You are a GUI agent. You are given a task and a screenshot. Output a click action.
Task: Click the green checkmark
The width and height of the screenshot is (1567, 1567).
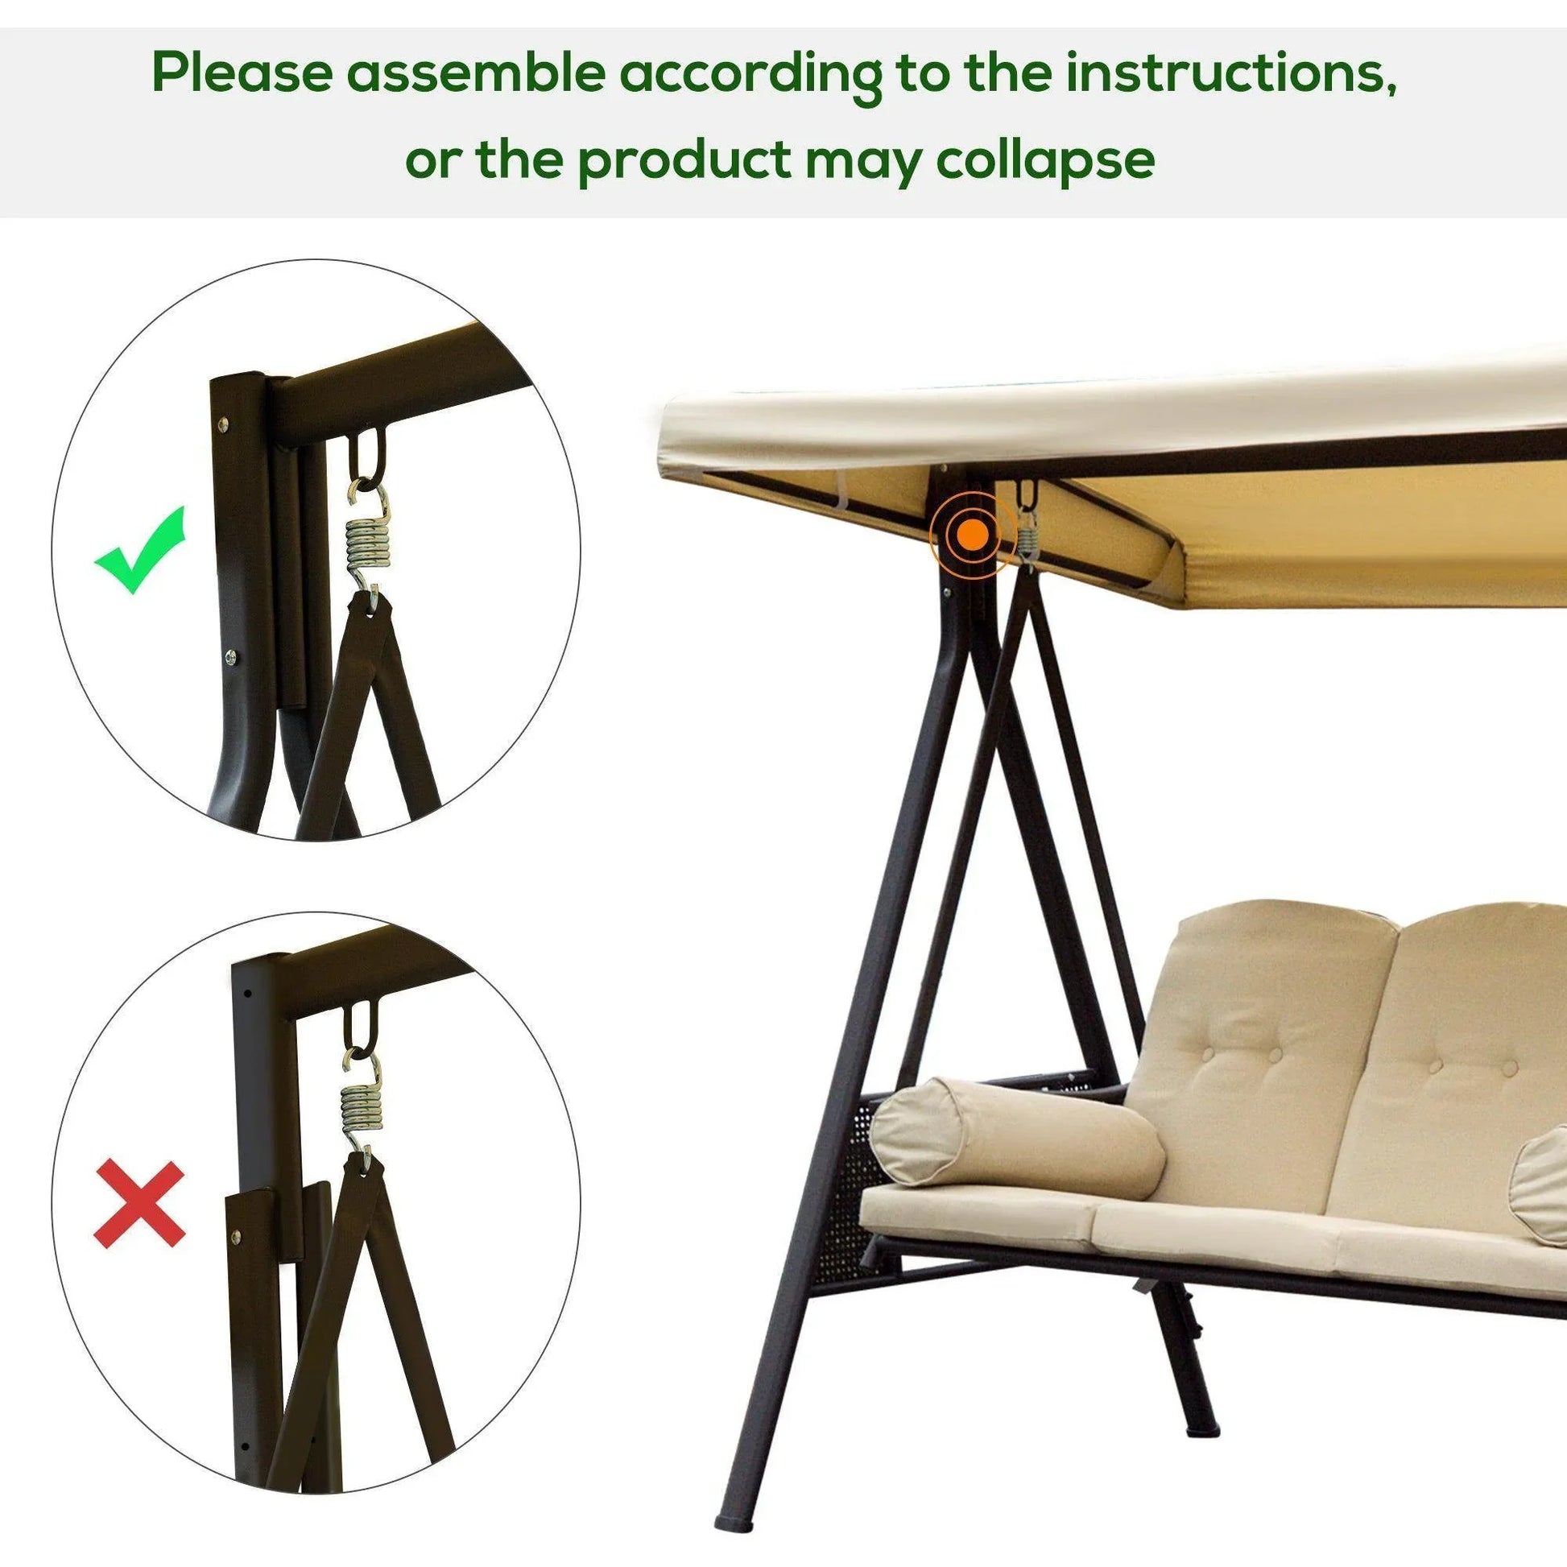(x=139, y=551)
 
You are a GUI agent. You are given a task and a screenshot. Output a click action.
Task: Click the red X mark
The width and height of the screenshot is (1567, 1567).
(x=139, y=1205)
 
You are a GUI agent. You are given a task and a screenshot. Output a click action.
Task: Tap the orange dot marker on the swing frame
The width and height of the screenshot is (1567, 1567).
(x=973, y=535)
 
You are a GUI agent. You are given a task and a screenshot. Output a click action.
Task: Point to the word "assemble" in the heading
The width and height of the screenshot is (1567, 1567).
(x=476, y=75)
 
